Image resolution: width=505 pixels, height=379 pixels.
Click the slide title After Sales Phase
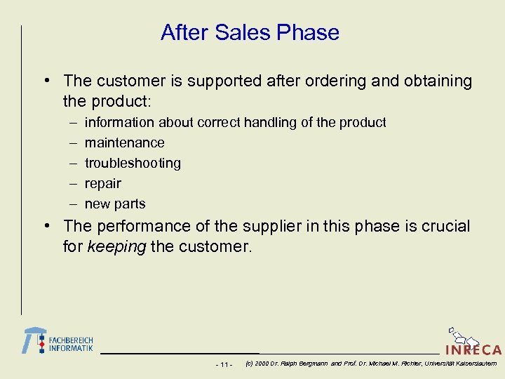pos(250,32)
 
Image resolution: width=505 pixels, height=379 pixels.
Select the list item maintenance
pos(124,142)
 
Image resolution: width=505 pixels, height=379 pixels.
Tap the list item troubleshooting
pos(133,163)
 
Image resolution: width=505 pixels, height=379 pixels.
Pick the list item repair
pos(102,183)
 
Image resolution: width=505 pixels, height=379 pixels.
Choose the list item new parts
pos(115,204)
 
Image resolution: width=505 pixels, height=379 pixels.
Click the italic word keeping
pos(116,247)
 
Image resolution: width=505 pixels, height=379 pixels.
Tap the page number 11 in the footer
pos(224,364)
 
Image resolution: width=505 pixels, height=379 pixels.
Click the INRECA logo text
pos(473,350)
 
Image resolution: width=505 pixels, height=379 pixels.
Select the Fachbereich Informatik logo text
pos(70,344)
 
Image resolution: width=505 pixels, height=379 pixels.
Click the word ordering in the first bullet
pos(339,81)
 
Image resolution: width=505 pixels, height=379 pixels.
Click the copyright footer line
pos(370,364)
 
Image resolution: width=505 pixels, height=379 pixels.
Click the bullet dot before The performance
pos(46,226)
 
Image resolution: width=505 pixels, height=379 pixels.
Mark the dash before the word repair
pos(74,183)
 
